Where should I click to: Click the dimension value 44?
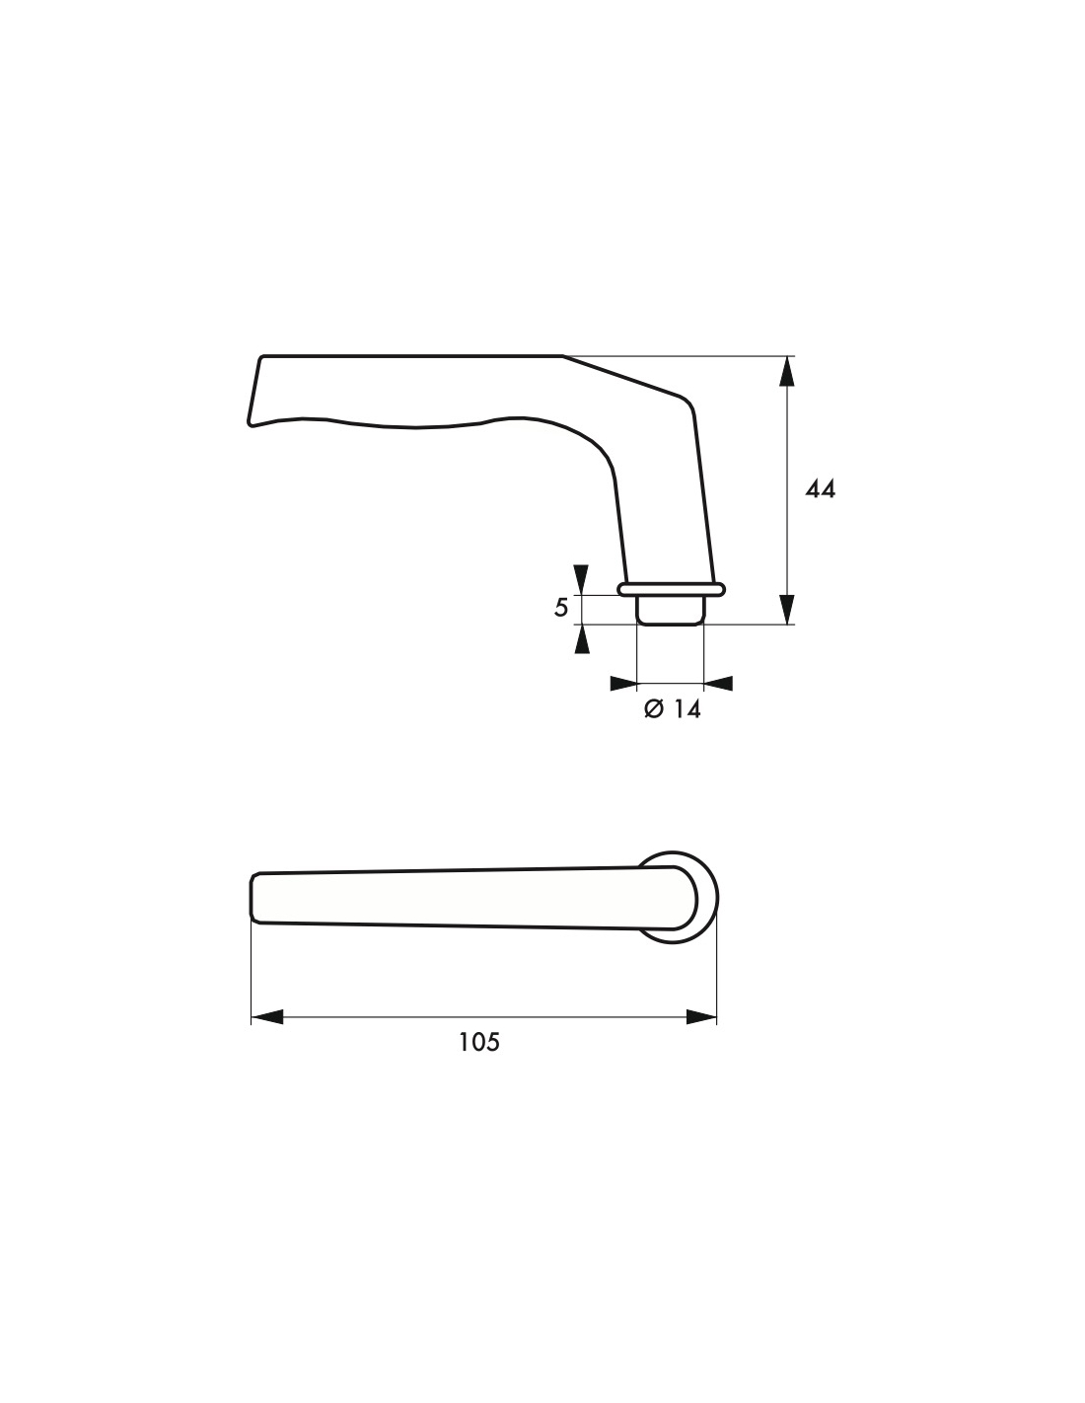pos(820,489)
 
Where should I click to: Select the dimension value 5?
pos(561,608)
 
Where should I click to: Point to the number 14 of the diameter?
pos(687,709)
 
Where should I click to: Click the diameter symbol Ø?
pos(654,709)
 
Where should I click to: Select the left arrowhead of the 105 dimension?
pos(266,1017)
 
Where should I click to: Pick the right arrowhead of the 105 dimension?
pos(701,1017)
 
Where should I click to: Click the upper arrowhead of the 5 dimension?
pos(582,579)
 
